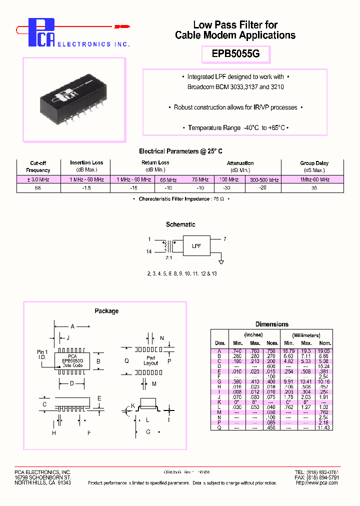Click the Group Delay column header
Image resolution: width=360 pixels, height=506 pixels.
314,163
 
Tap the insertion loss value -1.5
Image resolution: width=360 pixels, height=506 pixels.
86,188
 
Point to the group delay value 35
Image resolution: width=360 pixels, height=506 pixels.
314,188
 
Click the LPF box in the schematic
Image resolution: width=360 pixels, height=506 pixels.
196,245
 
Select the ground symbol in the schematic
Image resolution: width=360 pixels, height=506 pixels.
221,261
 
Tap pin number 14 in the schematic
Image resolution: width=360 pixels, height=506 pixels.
149,252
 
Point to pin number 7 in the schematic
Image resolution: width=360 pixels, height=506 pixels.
225,239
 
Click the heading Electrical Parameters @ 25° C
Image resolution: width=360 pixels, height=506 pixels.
180,151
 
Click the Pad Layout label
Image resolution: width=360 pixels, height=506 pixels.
150,360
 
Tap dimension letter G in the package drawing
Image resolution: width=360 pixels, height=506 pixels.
148,431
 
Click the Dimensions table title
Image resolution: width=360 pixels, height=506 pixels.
271,324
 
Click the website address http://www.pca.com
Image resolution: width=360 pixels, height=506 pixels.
317,483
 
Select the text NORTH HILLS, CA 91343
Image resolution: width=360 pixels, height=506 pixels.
42,483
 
